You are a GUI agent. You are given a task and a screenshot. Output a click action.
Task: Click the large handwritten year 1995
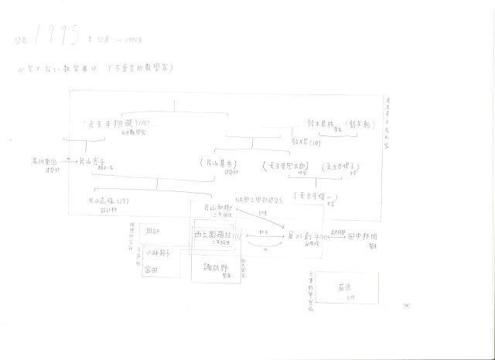(x=54, y=35)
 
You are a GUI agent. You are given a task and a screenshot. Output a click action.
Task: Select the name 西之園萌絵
(x=216, y=234)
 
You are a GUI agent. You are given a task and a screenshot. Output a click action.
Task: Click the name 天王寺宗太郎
(x=287, y=166)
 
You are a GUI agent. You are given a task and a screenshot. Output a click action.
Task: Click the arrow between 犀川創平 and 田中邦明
(x=325, y=232)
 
